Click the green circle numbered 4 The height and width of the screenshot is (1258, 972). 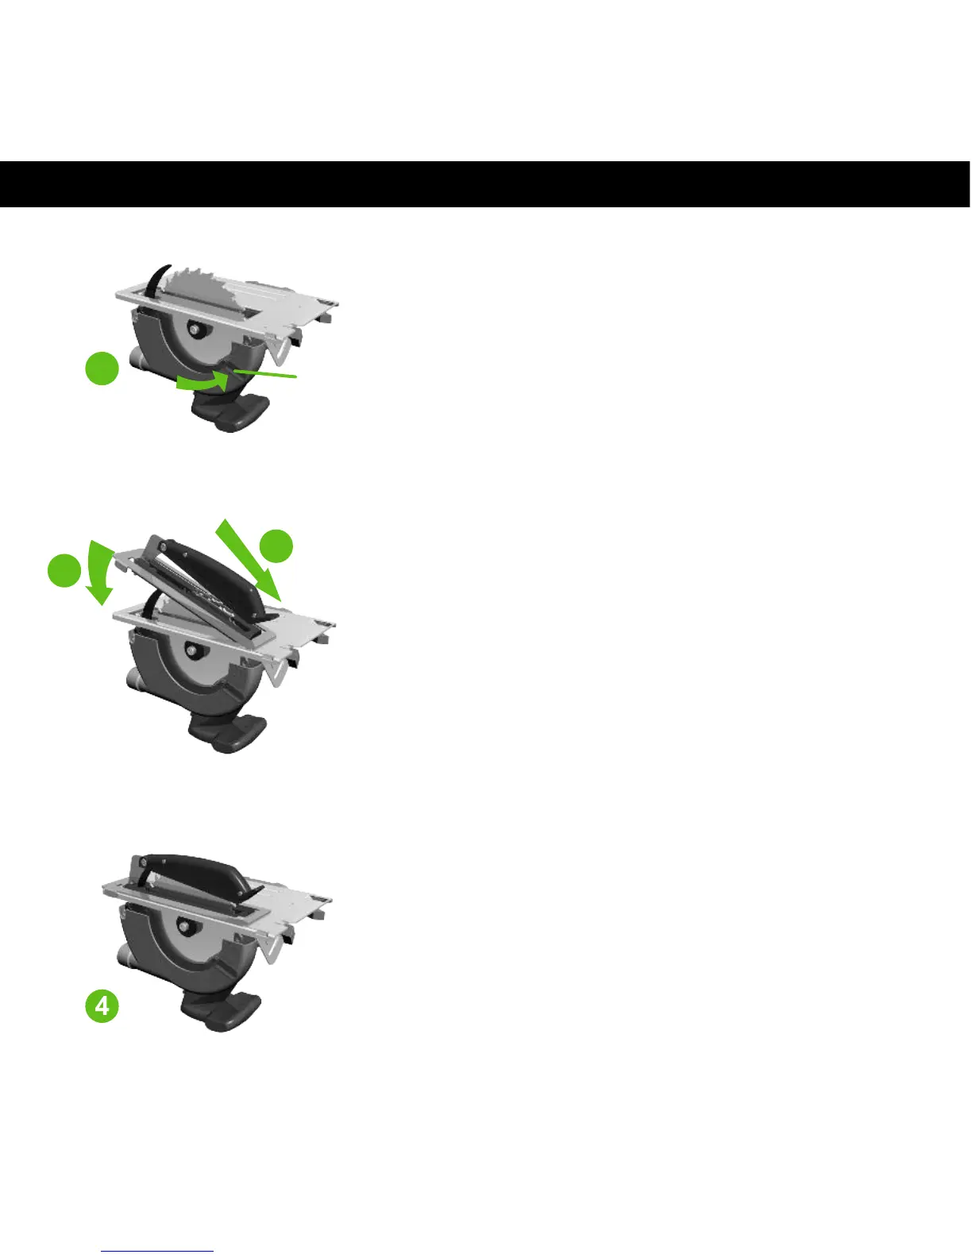[x=102, y=1006]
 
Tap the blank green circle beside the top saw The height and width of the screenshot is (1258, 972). [x=102, y=369]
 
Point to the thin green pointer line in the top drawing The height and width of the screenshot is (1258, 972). [x=266, y=372]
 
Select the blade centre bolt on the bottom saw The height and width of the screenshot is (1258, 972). [x=184, y=927]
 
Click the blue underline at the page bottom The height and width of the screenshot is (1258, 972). [x=158, y=1252]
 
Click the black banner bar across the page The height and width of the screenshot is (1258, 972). [x=484, y=184]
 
